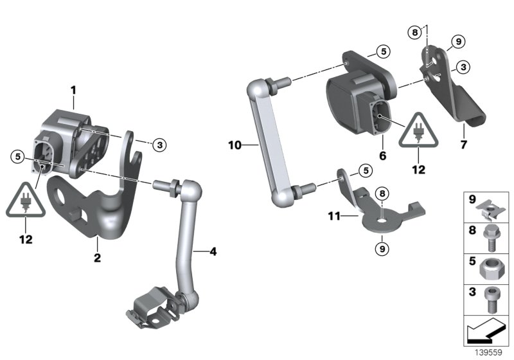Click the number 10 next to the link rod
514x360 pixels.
[235, 146]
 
